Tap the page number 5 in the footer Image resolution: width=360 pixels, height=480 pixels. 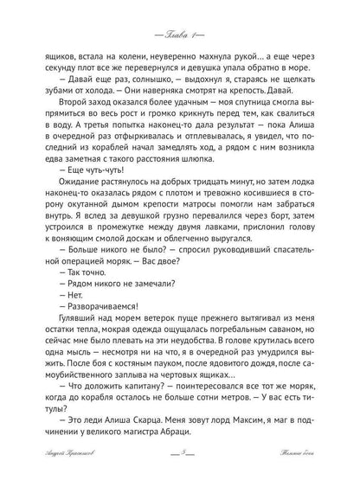coord(179,464)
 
